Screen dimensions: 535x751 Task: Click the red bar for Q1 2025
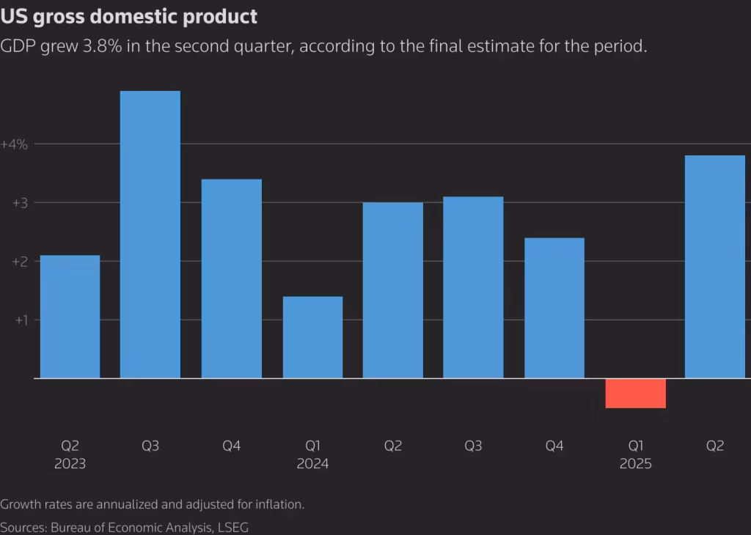635,393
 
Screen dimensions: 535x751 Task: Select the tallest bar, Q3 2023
150,235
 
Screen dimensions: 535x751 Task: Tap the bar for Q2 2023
70,317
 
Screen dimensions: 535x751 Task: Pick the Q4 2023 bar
231,278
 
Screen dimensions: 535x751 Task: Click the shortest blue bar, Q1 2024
312,337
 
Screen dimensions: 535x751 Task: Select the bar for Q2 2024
393,290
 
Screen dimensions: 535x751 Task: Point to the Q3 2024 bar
474,287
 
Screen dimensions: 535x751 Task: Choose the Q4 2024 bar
554,308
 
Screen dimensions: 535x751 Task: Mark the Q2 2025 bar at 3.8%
714,267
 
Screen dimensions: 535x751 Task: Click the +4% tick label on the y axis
15,144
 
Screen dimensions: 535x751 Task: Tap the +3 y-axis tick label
20,203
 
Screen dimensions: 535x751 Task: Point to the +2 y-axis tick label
20,262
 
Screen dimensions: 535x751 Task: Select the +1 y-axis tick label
20,320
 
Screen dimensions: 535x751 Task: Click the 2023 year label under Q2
70,464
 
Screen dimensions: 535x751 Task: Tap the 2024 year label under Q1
312,464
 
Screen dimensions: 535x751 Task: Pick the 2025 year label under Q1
635,464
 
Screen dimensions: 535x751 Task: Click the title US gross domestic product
129,15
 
